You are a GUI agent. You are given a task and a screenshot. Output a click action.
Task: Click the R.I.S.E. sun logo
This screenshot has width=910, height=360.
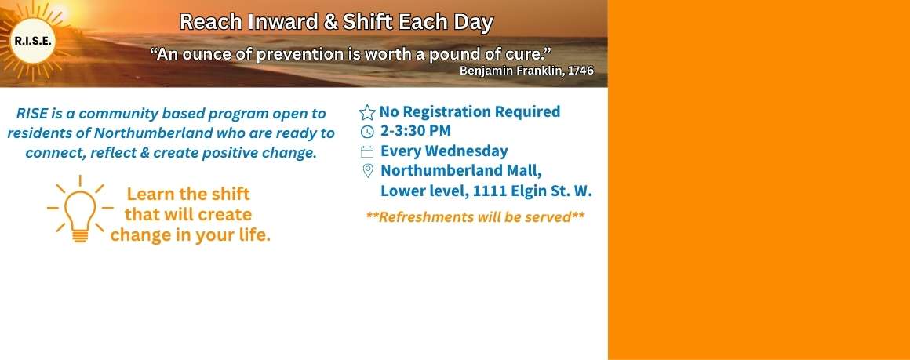click(33, 40)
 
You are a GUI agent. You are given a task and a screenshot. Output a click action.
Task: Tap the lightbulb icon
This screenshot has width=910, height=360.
click(80, 209)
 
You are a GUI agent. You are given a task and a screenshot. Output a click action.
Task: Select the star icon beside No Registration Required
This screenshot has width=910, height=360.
click(367, 113)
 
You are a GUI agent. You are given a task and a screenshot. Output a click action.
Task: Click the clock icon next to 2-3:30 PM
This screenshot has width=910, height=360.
click(367, 132)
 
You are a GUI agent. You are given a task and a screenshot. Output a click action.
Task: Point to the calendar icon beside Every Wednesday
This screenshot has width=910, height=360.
click(367, 152)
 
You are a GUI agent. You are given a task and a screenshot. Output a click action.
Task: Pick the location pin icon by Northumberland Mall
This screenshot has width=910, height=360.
click(367, 171)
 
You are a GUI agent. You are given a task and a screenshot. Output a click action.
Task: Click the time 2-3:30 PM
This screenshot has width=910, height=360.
click(416, 131)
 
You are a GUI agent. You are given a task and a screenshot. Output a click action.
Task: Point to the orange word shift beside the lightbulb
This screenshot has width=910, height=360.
click(229, 194)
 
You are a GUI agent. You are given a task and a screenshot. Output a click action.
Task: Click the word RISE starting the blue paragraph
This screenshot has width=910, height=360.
click(31, 113)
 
